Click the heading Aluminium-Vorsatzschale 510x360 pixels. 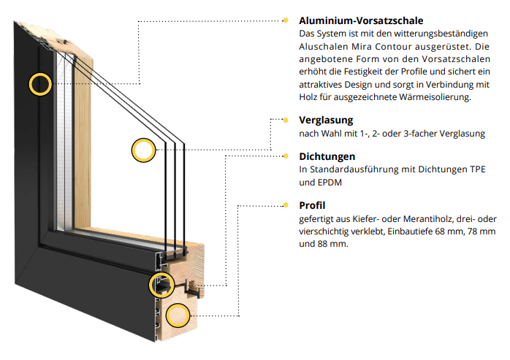361,20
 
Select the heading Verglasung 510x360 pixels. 326,120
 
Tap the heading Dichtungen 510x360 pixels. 327,156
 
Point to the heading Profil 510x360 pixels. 312,205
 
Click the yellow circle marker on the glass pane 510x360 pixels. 143,150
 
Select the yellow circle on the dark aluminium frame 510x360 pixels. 40,83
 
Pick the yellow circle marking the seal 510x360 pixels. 159,285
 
